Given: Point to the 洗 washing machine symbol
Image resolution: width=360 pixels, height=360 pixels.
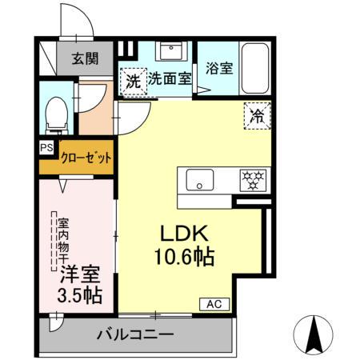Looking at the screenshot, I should [133, 79].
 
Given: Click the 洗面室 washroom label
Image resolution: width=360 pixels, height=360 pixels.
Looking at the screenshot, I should [169, 79].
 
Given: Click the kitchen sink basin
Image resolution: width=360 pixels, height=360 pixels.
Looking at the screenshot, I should [201, 179].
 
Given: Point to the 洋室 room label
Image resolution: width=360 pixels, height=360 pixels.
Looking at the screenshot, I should [79, 274].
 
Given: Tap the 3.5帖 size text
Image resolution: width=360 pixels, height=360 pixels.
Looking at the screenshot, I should [79, 294].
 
